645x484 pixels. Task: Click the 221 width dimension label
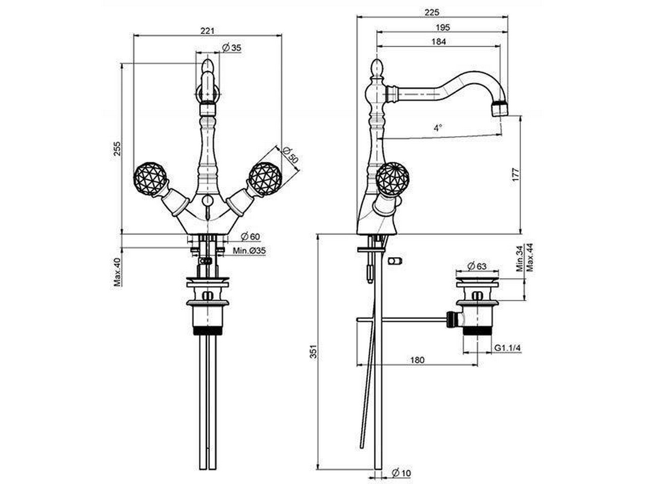208,31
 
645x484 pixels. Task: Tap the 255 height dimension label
117,148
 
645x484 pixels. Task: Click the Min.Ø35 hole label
249,251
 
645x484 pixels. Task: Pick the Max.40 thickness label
117,272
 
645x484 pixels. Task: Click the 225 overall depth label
431,12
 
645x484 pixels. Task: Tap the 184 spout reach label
439,42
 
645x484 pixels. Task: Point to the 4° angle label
437,128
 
